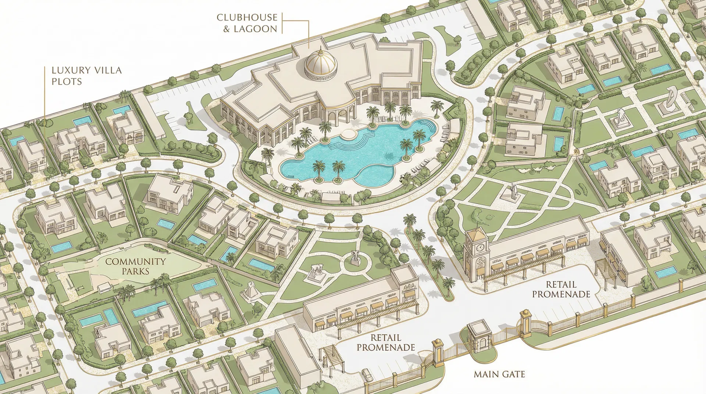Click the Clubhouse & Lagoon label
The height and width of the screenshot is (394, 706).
click(x=247, y=23)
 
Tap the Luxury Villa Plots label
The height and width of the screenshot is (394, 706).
click(x=86, y=76)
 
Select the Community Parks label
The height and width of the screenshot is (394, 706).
click(x=135, y=266)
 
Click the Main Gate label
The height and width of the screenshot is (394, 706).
click(x=499, y=374)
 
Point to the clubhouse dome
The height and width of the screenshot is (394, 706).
click(x=321, y=63)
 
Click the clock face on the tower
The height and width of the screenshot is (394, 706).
click(x=480, y=248)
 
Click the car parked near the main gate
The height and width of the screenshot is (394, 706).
click(x=367, y=375)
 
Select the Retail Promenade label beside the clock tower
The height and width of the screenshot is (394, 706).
click(x=561, y=289)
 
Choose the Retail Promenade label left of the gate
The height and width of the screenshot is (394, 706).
click(x=385, y=343)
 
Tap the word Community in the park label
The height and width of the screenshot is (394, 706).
click(x=135, y=262)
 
